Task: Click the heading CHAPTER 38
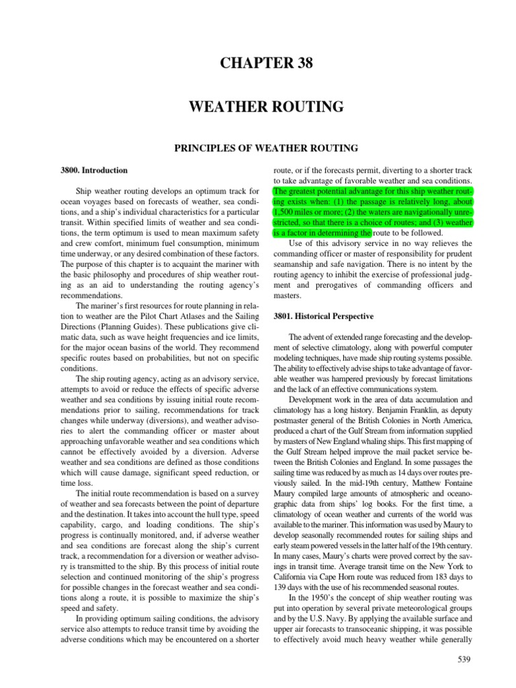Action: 258,64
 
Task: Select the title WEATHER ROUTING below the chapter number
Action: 258,106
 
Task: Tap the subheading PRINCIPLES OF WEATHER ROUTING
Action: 258,147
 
